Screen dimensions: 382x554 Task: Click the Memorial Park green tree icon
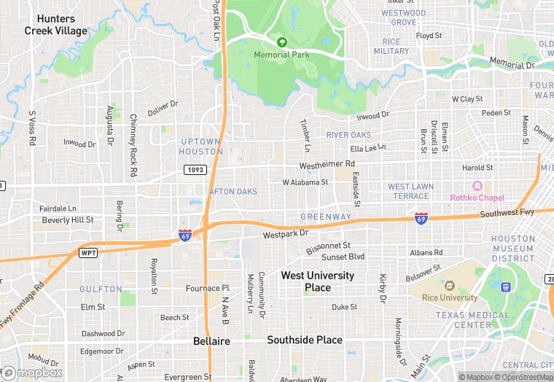(x=281, y=42)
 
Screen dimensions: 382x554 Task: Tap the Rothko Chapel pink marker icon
(x=477, y=187)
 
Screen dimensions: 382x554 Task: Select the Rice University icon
(x=449, y=286)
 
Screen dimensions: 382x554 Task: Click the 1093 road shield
(x=195, y=169)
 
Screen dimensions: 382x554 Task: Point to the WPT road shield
(x=88, y=252)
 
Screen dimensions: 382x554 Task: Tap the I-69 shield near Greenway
(x=421, y=218)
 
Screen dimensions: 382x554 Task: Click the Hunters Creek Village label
(x=55, y=25)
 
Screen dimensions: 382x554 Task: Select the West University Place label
(x=317, y=281)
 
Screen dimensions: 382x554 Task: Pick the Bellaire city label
(x=211, y=341)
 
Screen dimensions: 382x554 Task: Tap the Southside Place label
(x=304, y=340)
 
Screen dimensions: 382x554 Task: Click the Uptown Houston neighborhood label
(x=200, y=146)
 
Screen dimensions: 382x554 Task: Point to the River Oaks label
(x=348, y=135)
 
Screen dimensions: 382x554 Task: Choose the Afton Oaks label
(x=233, y=192)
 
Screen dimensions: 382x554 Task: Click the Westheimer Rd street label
(x=327, y=165)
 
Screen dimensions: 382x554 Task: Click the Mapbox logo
(x=32, y=373)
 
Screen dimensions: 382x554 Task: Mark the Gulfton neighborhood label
(x=101, y=289)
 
